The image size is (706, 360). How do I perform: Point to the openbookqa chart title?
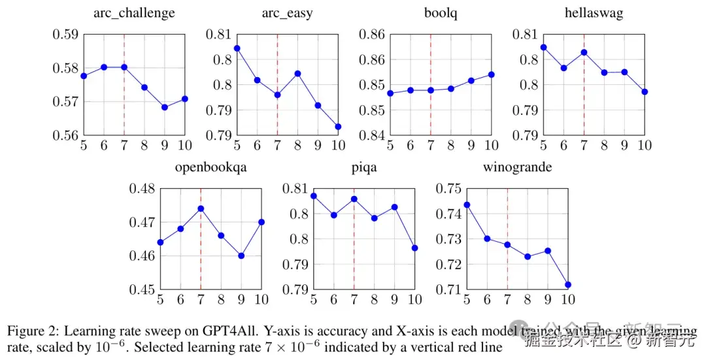pos(210,167)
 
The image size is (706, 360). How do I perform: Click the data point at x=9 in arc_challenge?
pos(165,107)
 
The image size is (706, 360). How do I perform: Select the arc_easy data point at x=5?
pos(237,48)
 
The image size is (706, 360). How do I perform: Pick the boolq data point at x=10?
pos(491,74)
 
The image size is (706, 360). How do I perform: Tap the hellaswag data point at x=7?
pos(584,52)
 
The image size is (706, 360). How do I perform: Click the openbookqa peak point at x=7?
pos(201,208)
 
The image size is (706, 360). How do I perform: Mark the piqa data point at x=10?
pos(414,248)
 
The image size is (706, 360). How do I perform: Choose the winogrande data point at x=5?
pos(467,205)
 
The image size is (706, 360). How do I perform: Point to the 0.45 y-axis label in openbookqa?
pos(141,289)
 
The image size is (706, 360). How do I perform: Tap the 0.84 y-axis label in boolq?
pos(371,135)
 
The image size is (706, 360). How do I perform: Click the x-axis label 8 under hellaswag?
pos(604,145)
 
